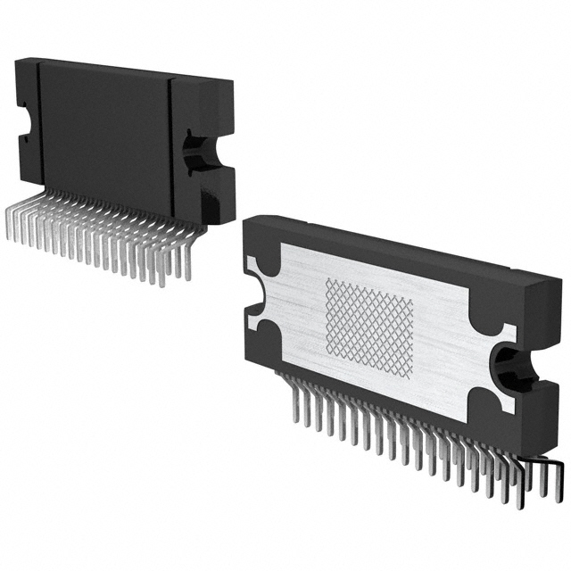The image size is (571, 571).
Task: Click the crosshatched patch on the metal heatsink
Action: [x=368, y=327]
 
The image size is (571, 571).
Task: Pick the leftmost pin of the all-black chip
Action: [x=9, y=228]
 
